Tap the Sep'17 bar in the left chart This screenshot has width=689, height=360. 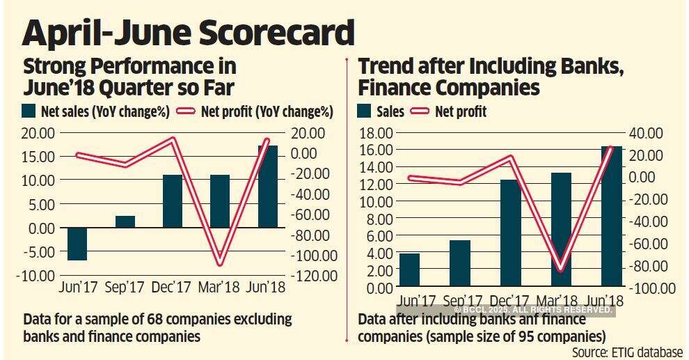pos(125,221)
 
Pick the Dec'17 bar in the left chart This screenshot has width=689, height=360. pos(173,201)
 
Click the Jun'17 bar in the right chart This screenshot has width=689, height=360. pos(410,270)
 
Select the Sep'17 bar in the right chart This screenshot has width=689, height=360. pos(460,263)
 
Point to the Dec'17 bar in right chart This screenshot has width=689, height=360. pos(510,233)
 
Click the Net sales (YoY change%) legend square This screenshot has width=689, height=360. pos(29,111)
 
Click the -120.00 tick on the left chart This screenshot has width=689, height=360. pos(315,276)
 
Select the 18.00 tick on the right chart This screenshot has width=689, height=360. pos(376,133)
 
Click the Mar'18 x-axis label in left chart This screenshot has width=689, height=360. pos(220,287)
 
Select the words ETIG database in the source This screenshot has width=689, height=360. pos(647,352)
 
